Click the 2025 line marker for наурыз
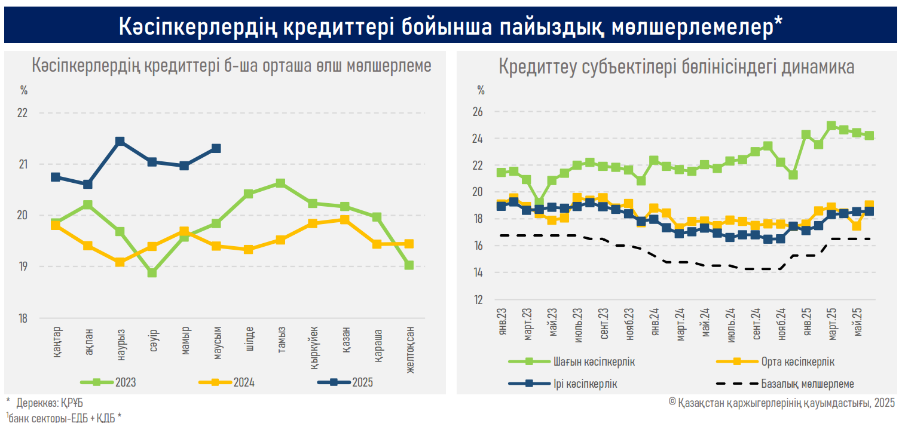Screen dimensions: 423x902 click(x=120, y=142)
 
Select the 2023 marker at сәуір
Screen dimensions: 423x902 click(x=152, y=273)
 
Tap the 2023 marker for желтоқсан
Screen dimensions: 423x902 click(x=409, y=265)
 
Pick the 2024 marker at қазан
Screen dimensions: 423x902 click(x=345, y=219)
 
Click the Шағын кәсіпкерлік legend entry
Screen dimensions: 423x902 click(x=571, y=362)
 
